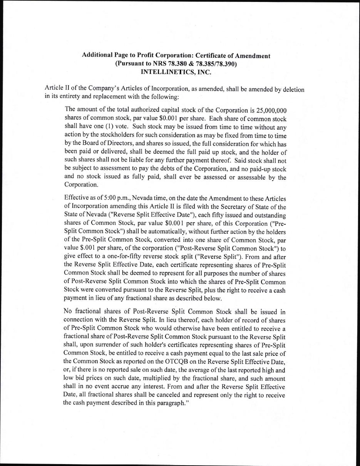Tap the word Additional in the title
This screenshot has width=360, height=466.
[98, 55]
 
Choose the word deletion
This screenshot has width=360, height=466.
[291, 90]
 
